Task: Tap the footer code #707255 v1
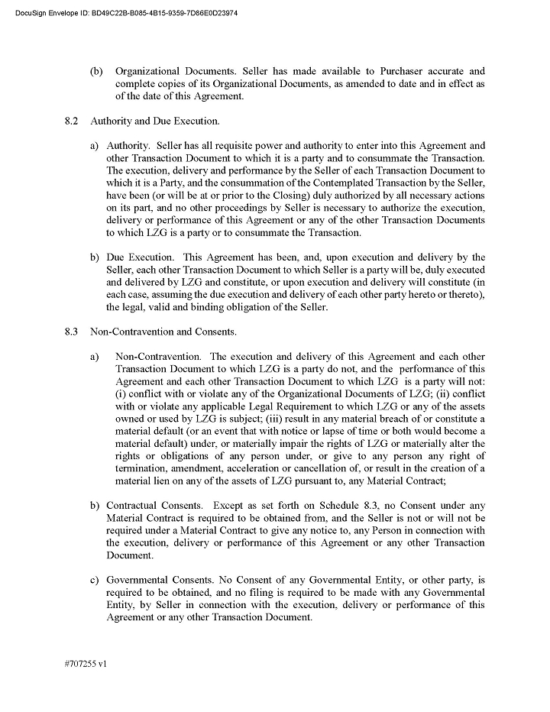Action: [x=86, y=664]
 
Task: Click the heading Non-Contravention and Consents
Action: [x=163, y=332]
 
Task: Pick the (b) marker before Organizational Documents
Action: [x=96, y=72]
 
